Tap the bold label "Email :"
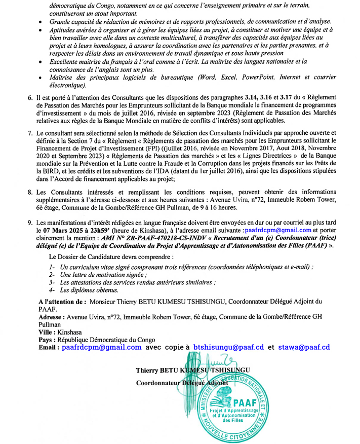(x=50, y=347)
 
